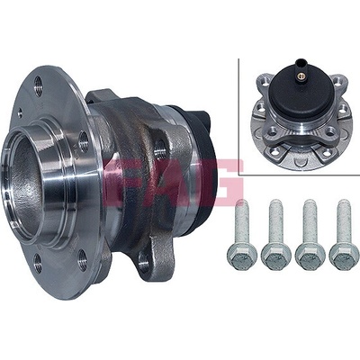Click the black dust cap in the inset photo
point(301,90)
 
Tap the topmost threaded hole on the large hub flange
point(39,85)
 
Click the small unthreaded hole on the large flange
point(20,112)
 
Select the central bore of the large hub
point(25,183)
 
